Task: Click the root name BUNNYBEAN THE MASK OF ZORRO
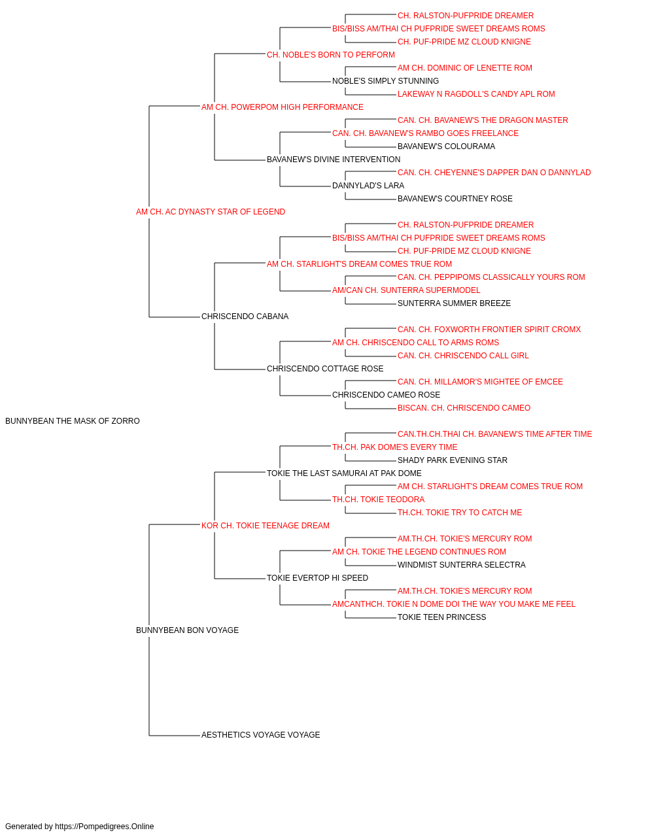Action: point(73,421)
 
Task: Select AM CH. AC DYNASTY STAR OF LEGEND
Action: point(211,212)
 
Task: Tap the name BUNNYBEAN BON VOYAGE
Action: point(187,630)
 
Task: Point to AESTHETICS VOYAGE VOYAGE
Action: point(260,735)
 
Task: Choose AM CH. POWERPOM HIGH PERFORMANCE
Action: point(283,107)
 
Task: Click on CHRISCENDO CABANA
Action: point(245,316)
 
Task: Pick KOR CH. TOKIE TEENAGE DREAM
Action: point(266,526)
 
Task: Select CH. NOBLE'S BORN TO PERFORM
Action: point(331,55)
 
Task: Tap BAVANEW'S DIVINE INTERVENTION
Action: point(334,160)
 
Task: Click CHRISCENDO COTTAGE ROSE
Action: point(325,369)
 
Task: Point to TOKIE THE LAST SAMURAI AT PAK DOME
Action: point(344,473)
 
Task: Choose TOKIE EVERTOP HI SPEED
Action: point(317,578)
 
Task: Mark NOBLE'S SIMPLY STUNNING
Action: point(386,81)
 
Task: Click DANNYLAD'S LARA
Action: point(368,186)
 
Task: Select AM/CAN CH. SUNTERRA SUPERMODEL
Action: point(406,290)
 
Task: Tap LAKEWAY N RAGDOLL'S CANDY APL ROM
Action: point(476,94)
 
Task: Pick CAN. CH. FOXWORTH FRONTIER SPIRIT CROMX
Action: point(489,330)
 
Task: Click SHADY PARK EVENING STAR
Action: point(453,460)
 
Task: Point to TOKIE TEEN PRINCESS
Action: point(442,617)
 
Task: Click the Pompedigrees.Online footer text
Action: point(79,827)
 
